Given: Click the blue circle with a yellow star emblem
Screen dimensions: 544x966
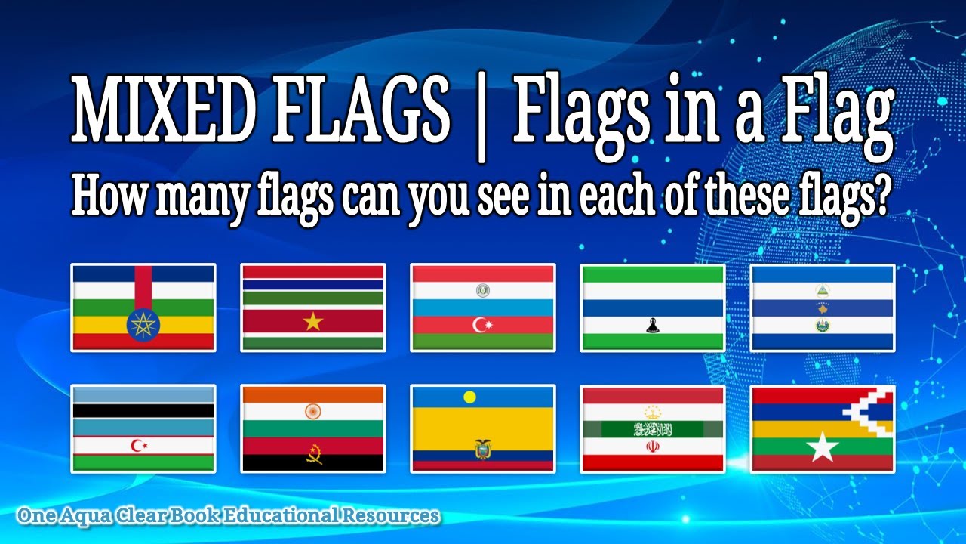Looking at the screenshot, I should click(143, 324).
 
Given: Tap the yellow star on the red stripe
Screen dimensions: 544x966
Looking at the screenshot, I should click(312, 321).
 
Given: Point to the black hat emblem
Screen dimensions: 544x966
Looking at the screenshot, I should click(652, 326).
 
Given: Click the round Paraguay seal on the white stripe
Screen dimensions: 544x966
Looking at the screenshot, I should click(482, 290).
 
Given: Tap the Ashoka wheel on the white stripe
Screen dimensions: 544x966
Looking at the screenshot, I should click(312, 412).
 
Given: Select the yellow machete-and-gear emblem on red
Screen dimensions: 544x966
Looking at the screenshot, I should click(312, 453).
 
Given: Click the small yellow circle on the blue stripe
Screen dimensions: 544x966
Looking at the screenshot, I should click(470, 397).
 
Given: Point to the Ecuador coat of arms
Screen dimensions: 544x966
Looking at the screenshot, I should click(482, 449).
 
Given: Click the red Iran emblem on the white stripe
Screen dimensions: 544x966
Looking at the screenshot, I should click(652, 447).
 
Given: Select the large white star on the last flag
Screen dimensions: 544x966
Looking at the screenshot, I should click(823, 447).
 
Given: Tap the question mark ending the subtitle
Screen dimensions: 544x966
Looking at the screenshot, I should click(877, 197).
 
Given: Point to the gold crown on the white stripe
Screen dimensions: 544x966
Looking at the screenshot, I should click(652, 412).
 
